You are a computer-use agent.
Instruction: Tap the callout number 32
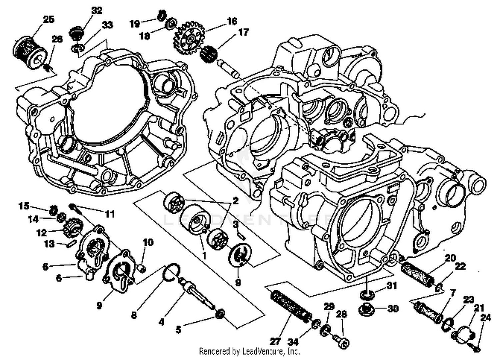[97, 11]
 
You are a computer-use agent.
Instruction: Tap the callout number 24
[485, 318]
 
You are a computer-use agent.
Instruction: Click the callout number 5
[178, 330]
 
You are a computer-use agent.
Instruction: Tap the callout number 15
[24, 206]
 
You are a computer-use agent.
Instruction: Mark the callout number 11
[110, 214]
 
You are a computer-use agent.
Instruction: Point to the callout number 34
[294, 342]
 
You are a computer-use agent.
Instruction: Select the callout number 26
[57, 39]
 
